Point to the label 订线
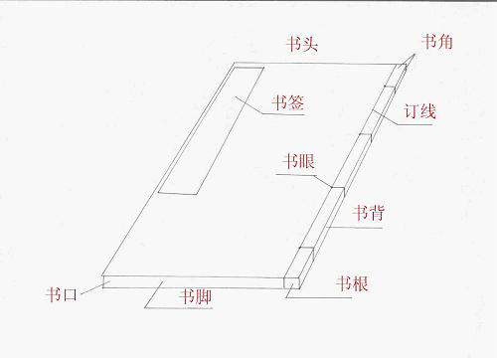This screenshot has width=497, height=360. (420, 110)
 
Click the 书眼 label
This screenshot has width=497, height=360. (298, 162)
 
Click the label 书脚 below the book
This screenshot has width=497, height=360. (195, 296)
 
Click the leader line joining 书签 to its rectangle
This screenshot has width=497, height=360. (252, 108)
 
